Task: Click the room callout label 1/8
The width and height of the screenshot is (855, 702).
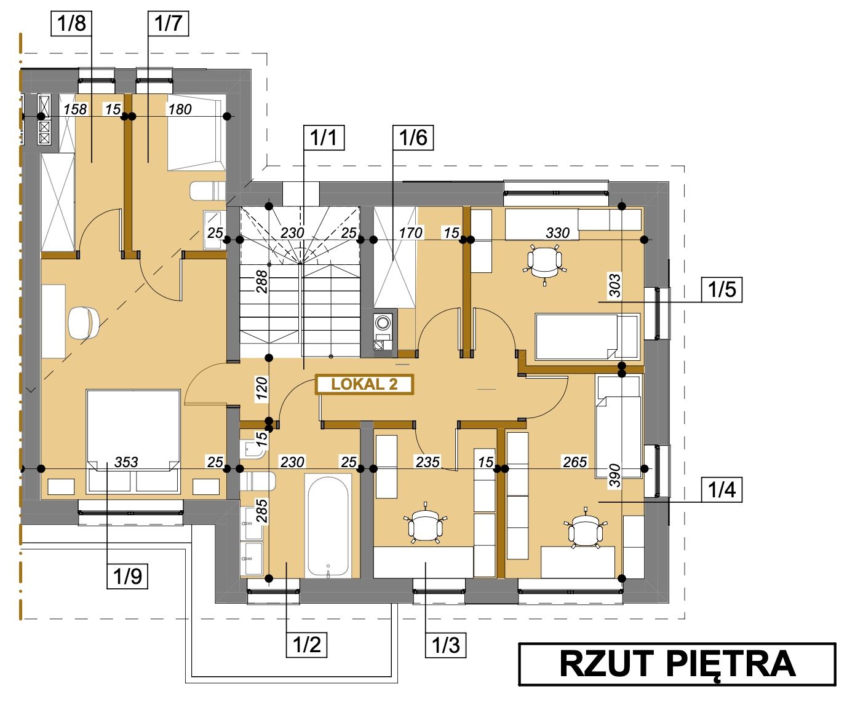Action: (71, 23)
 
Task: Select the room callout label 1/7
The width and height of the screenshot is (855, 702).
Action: (168, 23)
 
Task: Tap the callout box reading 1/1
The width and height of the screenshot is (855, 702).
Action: (324, 137)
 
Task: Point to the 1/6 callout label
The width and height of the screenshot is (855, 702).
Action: (413, 137)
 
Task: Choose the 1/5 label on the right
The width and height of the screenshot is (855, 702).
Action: (722, 290)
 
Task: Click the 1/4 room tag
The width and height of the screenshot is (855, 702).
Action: (722, 489)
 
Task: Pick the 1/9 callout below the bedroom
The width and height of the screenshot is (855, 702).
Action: (127, 575)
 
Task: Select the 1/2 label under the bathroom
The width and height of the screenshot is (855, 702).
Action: (306, 644)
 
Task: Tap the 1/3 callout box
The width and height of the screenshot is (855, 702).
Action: (445, 644)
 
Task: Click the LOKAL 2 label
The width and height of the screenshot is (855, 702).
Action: (364, 384)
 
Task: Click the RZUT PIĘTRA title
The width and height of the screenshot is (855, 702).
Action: (677, 664)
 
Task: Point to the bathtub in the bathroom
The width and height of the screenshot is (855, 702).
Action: (328, 526)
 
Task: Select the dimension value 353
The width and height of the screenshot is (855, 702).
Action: (126, 462)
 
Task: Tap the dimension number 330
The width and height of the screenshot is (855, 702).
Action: (557, 233)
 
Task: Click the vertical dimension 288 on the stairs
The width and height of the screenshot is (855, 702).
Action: (262, 282)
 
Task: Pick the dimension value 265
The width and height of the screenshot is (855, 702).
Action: (575, 462)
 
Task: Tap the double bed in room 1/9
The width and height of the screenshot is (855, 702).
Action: (133, 441)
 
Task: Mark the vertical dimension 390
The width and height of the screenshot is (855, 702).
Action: (615, 476)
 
